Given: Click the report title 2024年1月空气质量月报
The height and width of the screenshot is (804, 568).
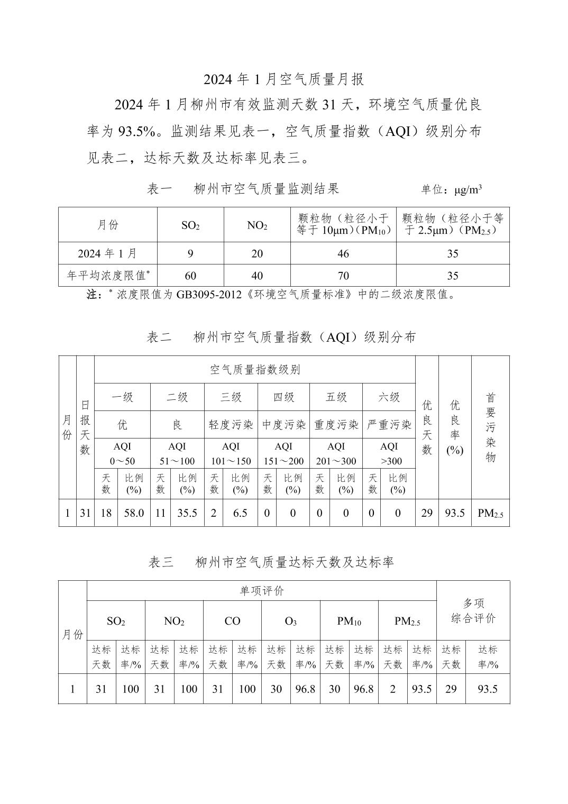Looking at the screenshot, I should click(x=284, y=79).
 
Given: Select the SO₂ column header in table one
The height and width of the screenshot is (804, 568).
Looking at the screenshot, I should click(x=190, y=225).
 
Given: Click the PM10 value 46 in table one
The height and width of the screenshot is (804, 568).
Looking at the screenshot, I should click(x=343, y=254).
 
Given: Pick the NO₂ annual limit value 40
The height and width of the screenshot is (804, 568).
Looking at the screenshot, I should click(x=257, y=276).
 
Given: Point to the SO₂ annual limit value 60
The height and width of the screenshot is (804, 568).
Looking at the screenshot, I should click(x=190, y=276).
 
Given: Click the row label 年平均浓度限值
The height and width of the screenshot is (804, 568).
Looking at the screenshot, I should click(x=108, y=276).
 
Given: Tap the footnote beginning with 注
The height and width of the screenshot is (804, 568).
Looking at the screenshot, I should click(x=271, y=295).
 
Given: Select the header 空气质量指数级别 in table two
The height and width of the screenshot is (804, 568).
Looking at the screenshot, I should click(x=255, y=370).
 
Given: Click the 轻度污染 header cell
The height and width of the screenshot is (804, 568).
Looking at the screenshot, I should click(x=231, y=425).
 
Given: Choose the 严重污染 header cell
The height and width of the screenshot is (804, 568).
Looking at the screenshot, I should click(x=389, y=425).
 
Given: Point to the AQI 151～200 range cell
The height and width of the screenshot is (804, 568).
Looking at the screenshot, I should click(x=283, y=453).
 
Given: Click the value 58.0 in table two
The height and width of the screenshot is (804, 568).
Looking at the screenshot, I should click(x=134, y=513).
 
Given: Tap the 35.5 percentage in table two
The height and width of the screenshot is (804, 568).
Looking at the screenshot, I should click(x=187, y=513).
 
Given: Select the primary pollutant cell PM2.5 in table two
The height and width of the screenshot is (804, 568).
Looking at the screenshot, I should click(x=490, y=513).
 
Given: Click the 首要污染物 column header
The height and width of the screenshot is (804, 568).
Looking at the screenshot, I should click(x=490, y=427).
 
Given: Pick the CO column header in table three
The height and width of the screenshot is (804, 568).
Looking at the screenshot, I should click(x=232, y=621).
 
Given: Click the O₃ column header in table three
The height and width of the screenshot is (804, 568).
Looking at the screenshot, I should click(x=290, y=621).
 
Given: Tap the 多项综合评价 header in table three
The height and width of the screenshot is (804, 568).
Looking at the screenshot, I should click(x=473, y=610).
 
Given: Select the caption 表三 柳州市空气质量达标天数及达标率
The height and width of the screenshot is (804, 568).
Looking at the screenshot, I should click(x=271, y=562).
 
